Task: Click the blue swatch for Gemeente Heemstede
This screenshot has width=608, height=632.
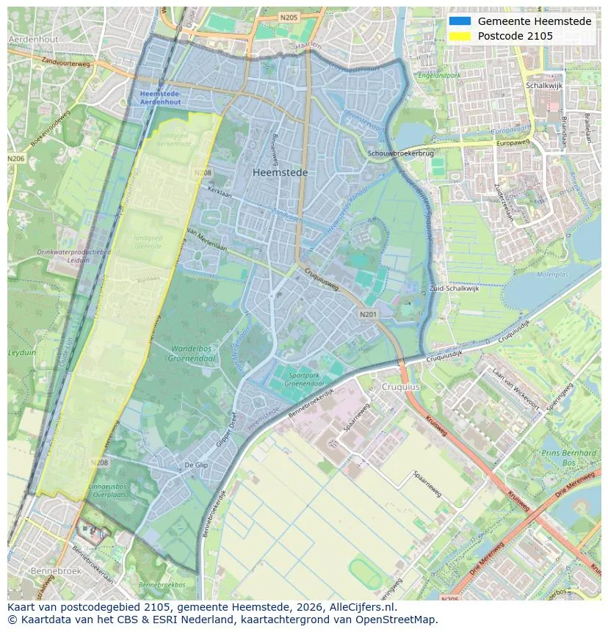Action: tap(460, 21)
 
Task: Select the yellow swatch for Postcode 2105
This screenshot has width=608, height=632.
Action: tap(460, 36)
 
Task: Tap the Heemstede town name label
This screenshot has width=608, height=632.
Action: tap(280, 172)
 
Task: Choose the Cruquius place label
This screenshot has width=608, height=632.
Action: tap(400, 386)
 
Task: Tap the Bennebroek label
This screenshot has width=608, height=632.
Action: tap(54, 570)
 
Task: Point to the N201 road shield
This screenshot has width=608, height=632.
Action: tap(368, 314)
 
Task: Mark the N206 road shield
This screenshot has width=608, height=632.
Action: tap(15, 159)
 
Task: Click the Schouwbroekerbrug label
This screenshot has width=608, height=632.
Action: tap(401, 153)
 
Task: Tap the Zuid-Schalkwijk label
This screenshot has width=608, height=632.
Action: tap(455, 288)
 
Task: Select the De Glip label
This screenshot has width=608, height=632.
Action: tap(197, 465)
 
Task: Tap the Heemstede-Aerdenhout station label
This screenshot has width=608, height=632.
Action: tap(161, 98)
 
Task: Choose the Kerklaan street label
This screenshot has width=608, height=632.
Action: tap(219, 189)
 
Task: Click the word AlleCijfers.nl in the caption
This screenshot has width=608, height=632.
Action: tap(361, 607)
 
